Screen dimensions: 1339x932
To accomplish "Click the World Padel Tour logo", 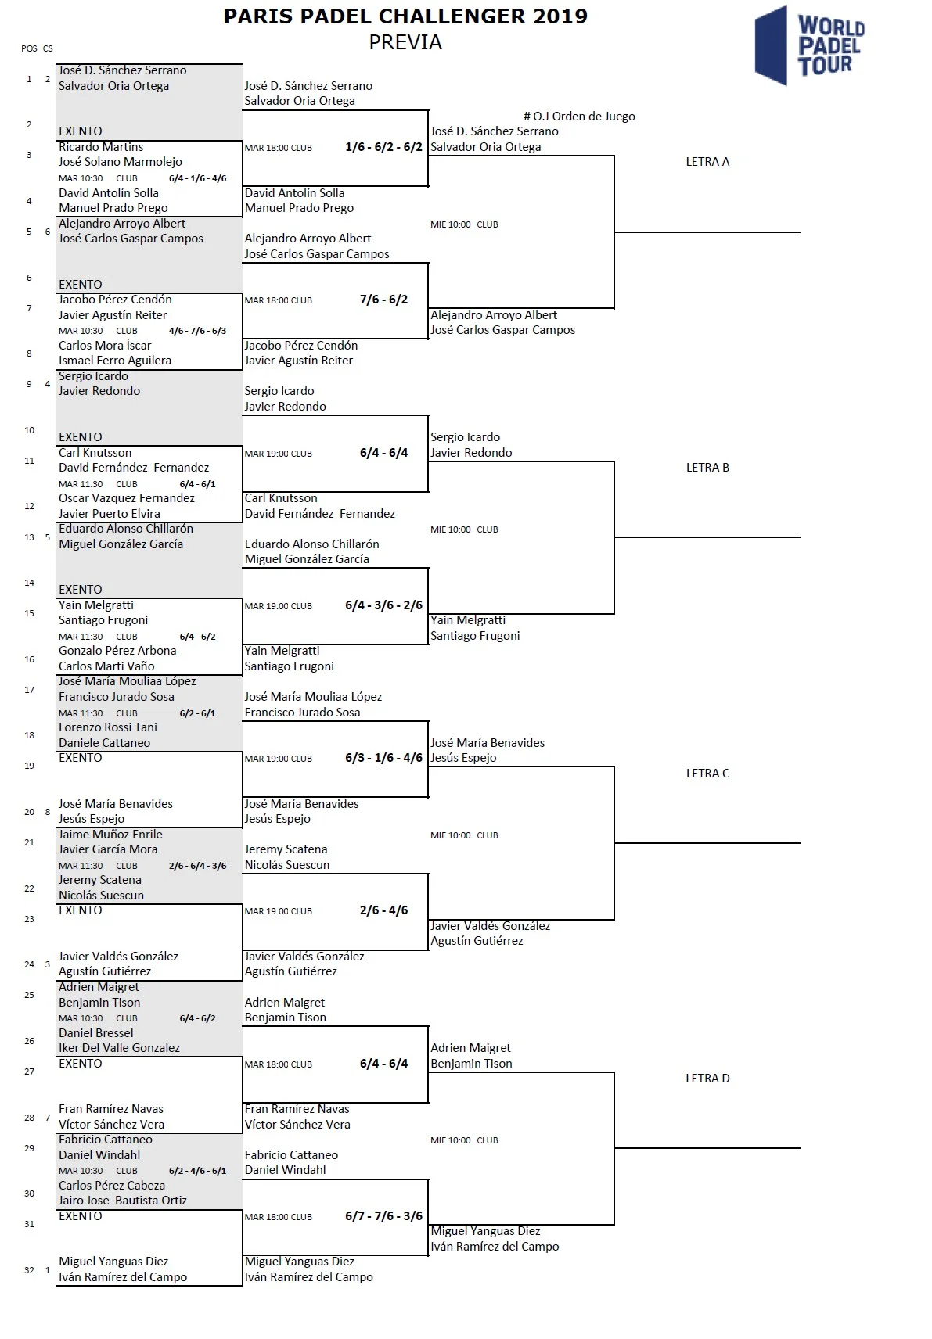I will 809,45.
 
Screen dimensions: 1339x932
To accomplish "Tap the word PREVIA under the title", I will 405,42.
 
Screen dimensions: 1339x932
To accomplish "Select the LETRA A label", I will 707,162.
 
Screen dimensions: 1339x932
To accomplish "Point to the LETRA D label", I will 707,1079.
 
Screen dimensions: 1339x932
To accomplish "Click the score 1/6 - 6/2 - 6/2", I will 383,147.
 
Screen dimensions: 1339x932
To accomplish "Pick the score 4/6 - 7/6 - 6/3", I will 197,331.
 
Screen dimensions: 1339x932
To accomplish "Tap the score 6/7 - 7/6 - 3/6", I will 383,1216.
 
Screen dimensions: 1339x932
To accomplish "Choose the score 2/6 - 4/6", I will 383,910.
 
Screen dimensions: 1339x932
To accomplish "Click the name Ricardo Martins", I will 101,147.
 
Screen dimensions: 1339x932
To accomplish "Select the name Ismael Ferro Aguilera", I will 115,361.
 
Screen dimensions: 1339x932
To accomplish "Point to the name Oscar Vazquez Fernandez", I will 127,498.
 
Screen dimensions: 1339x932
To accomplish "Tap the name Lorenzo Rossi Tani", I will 108,727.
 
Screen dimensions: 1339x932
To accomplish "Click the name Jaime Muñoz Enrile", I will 110,835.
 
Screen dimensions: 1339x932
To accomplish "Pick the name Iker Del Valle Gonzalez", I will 119,1048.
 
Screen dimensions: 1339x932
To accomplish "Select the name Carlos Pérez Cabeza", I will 112,1186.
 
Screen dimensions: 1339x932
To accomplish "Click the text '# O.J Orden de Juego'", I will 579,117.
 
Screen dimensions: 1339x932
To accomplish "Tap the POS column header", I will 29,48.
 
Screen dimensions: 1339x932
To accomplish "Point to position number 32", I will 29,1270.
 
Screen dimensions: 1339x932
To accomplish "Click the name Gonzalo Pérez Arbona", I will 117,651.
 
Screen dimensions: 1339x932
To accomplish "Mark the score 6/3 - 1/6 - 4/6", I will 383,758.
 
